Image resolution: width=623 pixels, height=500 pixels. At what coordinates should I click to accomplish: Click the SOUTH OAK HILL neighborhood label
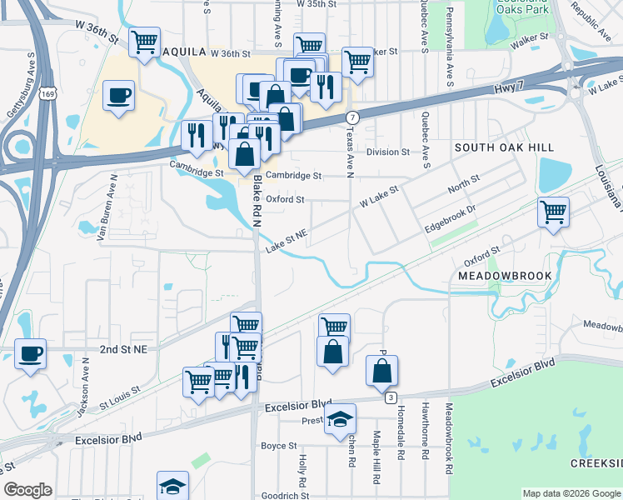click(x=504, y=147)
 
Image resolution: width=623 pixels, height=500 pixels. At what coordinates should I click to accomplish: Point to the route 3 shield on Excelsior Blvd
click(x=390, y=398)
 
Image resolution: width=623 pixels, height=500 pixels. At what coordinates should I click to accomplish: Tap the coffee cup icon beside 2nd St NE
click(x=31, y=353)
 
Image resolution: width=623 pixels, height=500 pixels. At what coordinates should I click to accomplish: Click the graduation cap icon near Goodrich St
click(x=172, y=485)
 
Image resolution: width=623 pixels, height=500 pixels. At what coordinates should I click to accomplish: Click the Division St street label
click(x=388, y=152)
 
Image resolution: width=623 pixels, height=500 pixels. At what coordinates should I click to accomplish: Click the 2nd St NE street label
click(x=122, y=350)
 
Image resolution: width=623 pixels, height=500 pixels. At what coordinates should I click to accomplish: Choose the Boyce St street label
click(x=273, y=447)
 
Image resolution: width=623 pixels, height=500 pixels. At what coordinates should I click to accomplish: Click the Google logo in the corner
click(x=28, y=490)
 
